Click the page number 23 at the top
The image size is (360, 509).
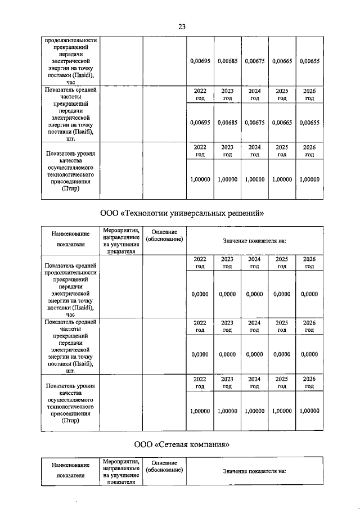coord(182,26)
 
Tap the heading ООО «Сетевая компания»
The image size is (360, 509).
coord(182,444)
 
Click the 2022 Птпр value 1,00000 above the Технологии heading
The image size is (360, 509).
coord(200,179)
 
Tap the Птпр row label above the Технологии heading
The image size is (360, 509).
coord(71,171)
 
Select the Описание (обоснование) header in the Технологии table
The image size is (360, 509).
coord(164,236)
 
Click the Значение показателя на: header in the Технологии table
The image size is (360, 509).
coord(254,241)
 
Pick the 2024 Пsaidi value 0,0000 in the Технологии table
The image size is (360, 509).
coord(254,294)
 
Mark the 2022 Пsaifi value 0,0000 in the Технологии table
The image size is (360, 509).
coord(200,354)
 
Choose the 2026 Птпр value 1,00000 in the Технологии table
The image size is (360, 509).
coord(309,411)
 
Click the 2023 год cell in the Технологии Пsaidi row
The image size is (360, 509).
coord(227,263)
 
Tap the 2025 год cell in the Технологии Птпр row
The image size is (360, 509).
coord(282,383)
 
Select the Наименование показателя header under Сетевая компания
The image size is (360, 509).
coord(71,470)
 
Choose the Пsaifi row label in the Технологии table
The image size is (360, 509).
coord(71,346)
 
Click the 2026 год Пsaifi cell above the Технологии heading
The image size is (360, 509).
coord(309,94)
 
